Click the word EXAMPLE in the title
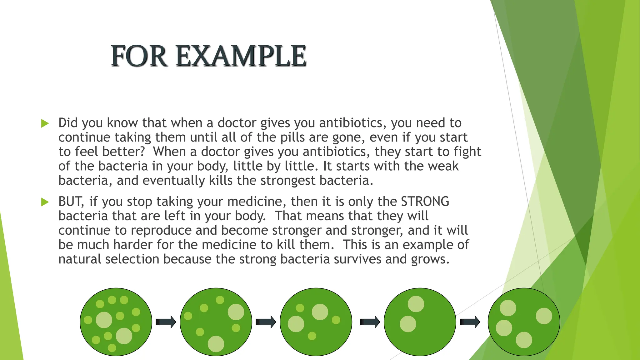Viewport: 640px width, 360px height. (x=241, y=56)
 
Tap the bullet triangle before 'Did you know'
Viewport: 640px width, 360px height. (x=45, y=123)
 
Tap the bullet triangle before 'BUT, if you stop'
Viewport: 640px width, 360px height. (x=45, y=202)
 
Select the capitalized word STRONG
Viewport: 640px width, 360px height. (x=425, y=202)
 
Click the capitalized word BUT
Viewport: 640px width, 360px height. (x=71, y=202)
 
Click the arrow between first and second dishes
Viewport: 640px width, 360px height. (x=166, y=322)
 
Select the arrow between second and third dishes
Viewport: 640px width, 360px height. (x=266, y=322)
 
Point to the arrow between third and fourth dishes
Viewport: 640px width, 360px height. (x=370, y=322)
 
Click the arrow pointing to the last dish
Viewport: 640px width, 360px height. (x=470, y=322)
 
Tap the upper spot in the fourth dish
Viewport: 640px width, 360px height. (x=416, y=304)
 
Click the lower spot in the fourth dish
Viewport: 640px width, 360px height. (x=408, y=324)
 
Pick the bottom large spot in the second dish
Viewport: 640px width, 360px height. (x=216, y=344)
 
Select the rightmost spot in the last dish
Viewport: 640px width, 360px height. (x=544, y=316)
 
